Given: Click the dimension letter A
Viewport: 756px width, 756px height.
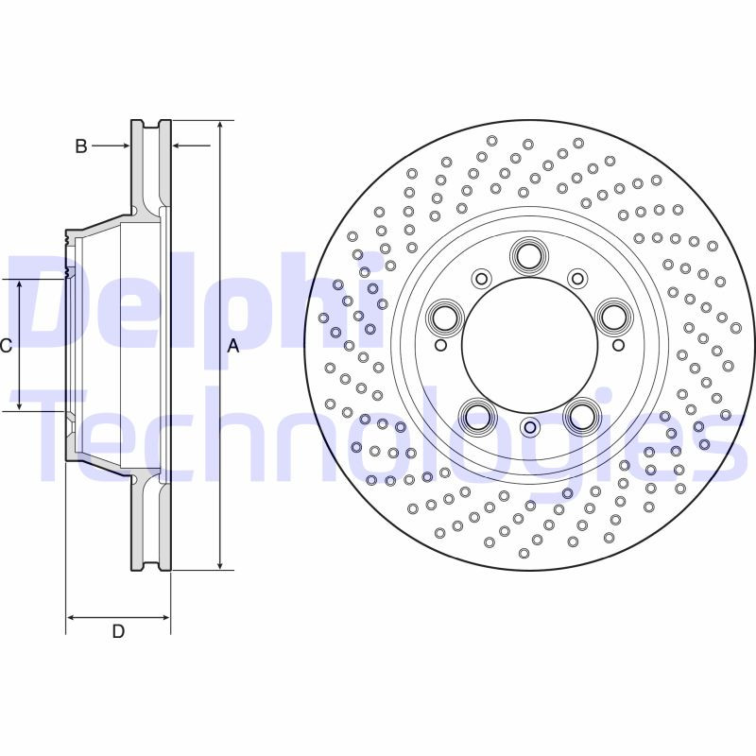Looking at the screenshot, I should pyautogui.click(x=233, y=347).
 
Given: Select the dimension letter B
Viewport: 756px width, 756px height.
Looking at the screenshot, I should pyautogui.click(x=81, y=146).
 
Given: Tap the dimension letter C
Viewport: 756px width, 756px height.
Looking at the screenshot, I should pyautogui.click(x=6, y=346).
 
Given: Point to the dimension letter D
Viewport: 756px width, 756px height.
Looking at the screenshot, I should pyautogui.click(x=118, y=631).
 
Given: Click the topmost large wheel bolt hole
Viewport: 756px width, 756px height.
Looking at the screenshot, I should pyautogui.click(x=528, y=255).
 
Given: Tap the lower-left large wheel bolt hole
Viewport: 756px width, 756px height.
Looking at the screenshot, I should pyautogui.click(x=477, y=415).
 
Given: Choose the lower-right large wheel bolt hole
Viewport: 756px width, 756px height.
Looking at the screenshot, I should pyautogui.click(x=580, y=415).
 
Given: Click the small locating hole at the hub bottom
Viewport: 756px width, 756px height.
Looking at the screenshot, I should pyautogui.click(x=529, y=428).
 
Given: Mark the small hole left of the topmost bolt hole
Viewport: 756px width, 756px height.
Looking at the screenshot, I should pyautogui.click(x=482, y=278).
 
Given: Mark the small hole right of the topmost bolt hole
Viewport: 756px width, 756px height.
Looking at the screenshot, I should pyautogui.click(x=576, y=278).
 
